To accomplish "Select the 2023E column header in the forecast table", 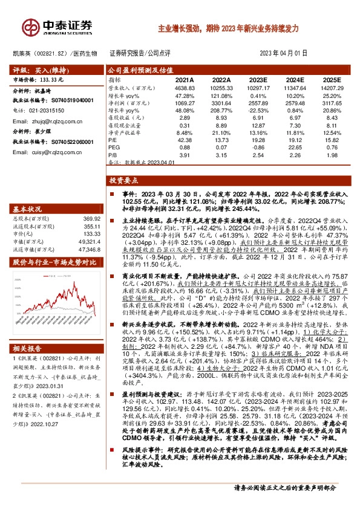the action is (257, 80).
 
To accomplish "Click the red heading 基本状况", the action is (27, 207).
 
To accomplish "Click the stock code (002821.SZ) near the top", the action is (51, 53).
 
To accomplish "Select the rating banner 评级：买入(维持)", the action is (38, 70).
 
